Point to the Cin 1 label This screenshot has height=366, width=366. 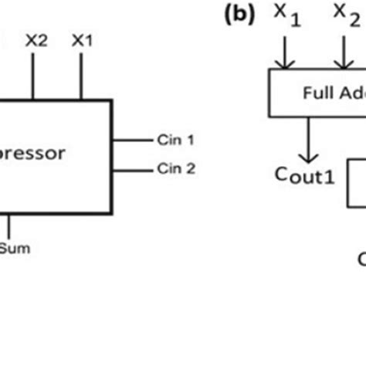(176, 140)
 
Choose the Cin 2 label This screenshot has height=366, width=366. (176, 167)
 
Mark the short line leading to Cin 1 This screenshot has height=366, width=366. (132, 140)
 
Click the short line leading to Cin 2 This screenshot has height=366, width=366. (132, 167)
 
